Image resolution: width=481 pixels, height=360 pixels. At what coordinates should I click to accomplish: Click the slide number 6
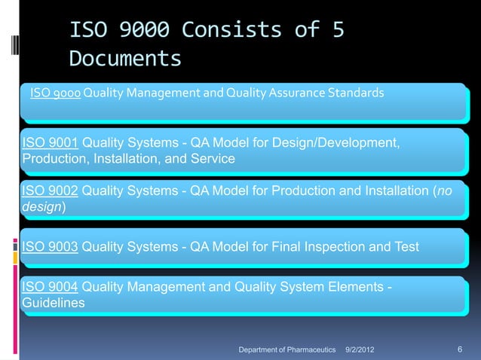pos(460,350)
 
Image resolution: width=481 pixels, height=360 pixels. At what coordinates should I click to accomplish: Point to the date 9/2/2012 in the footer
pos(359,351)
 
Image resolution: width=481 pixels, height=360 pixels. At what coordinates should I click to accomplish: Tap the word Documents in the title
pos(124,59)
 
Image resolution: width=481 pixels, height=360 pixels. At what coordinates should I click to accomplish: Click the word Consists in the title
pos(234,31)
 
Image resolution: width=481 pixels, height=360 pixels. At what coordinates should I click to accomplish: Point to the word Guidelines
pos(53,303)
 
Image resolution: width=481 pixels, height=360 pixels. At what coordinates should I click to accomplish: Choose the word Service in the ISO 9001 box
pos(213,159)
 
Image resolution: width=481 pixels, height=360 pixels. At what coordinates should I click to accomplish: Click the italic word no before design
pos(444,191)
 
